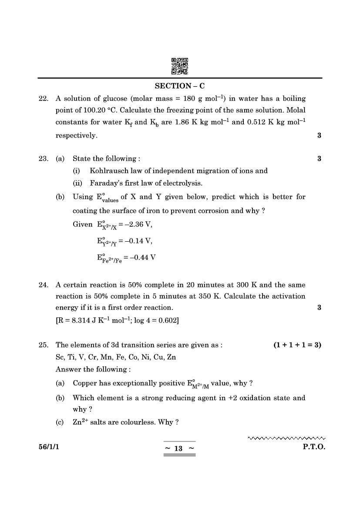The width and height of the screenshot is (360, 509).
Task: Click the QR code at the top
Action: click(180, 66)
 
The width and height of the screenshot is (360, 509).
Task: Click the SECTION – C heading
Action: click(180, 86)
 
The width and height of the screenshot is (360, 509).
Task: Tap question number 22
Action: click(43, 99)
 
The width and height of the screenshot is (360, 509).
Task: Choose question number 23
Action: click(43, 159)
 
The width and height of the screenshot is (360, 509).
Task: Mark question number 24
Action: click(43, 285)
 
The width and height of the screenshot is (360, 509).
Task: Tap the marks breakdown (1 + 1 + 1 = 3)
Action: click(297, 345)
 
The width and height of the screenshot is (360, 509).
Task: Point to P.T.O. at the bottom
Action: click(314, 447)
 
